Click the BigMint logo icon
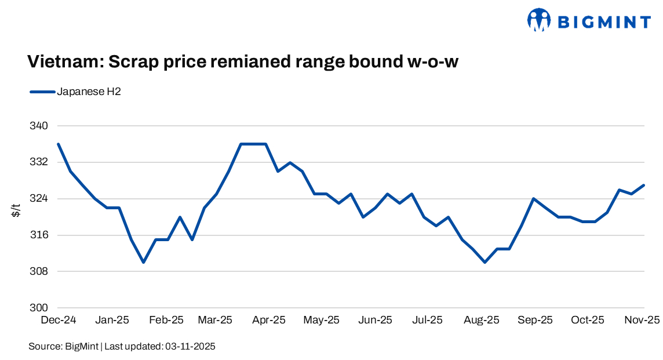tap(538, 20)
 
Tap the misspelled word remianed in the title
tap(258, 62)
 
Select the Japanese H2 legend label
tap(89, 92)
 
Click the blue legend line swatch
tap(42, 92)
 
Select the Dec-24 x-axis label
tap(59, 320)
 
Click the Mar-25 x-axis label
tap(214, 320)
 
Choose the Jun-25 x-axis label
tap(375, 320)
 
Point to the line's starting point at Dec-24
tap(59, 144)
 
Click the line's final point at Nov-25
tap(644, 186)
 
